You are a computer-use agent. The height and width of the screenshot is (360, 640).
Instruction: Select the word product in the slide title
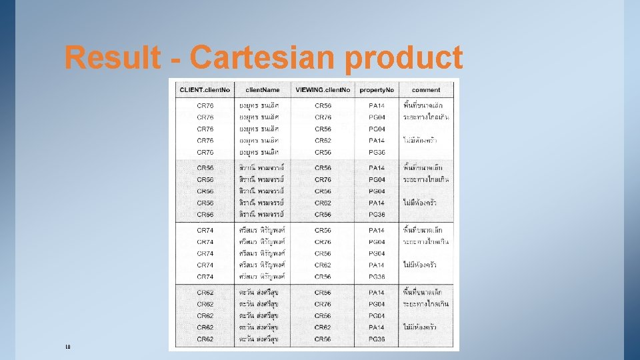[404, 58]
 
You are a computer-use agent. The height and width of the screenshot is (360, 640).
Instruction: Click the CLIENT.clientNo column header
[205, 90]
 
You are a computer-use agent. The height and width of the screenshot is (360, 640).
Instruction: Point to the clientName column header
[262, 90]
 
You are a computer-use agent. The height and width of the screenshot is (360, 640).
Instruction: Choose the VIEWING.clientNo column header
[323, 90]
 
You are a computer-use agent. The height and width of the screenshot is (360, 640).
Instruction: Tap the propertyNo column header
[377, 90]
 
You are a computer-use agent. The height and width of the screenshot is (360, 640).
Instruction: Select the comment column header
[426, 90]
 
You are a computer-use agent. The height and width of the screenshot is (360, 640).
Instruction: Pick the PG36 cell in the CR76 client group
[377, 153]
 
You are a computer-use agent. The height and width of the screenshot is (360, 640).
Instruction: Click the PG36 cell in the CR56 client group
[377, 215]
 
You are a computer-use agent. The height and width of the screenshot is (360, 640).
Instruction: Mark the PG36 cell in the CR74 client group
[377, 277]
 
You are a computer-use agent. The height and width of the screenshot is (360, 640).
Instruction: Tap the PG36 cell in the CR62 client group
[377, 339]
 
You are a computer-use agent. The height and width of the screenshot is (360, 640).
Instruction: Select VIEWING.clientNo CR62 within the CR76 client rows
[323, 141]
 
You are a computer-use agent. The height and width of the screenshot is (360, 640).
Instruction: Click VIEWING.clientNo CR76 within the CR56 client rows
[323, 179]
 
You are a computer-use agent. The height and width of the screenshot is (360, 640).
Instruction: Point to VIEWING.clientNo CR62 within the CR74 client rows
[323, 265]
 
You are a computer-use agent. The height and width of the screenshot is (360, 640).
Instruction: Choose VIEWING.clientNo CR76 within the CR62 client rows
[323, 304]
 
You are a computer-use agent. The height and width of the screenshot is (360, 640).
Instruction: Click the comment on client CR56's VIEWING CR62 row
[426, 203]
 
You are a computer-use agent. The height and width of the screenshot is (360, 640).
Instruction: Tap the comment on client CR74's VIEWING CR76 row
[426, 242]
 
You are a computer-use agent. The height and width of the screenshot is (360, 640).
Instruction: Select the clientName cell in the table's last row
[262, 339]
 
